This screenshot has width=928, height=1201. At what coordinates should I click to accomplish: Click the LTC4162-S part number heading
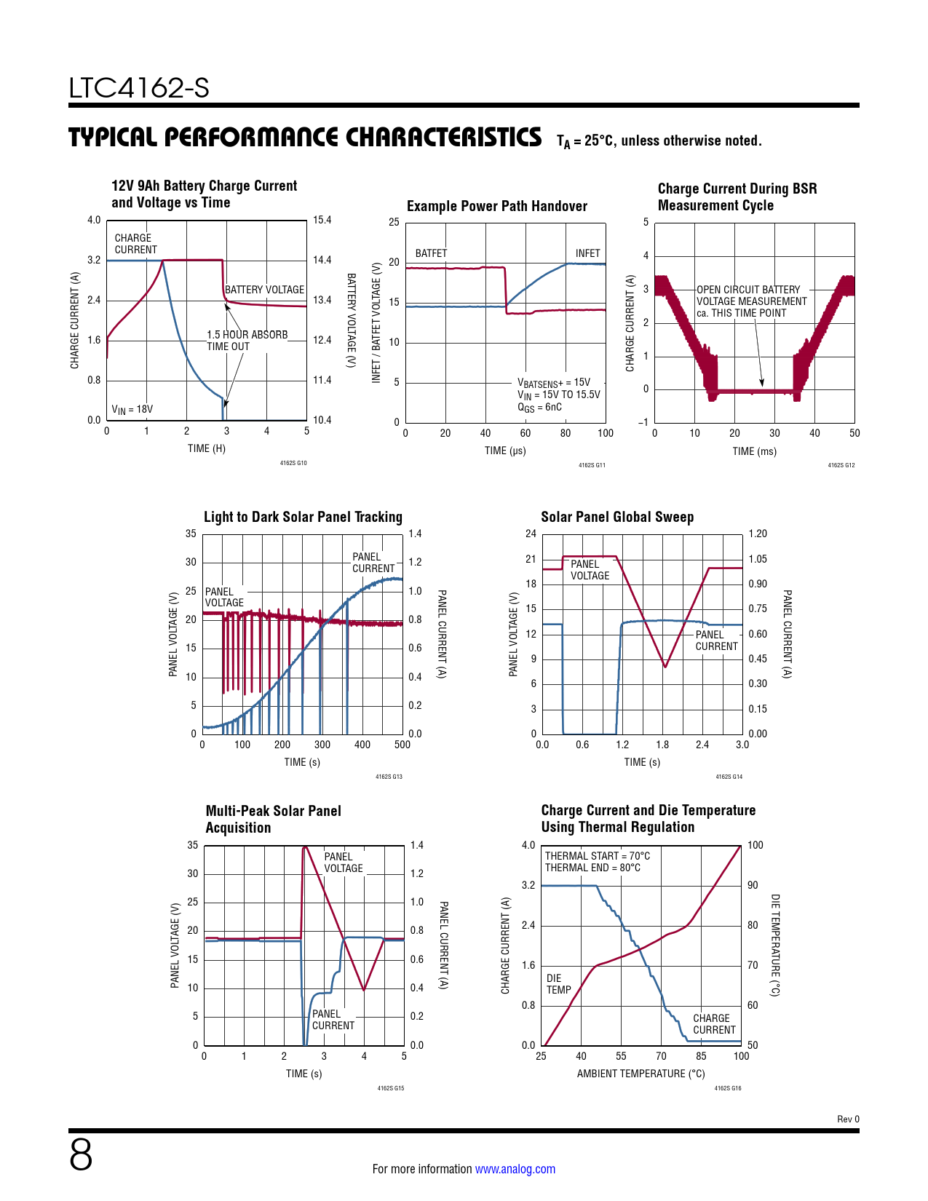[x=139, y=88]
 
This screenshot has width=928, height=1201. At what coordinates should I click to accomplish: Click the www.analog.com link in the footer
[x=515, y=1169]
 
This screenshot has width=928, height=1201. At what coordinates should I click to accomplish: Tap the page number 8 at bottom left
[x=81, y=1155]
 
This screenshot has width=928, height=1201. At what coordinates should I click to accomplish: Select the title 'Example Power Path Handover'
[x=496, y=206]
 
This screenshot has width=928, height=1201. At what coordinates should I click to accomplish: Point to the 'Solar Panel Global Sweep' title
[x=616, y=517]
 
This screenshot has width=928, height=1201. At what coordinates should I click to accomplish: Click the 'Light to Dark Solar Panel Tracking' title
[x=303, y=517]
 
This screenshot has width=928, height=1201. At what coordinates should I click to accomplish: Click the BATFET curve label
[x=431, y=253]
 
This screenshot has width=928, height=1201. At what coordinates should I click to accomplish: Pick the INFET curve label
[x=587, y=253]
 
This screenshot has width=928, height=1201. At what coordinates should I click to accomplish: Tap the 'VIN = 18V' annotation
[x=132, y=409]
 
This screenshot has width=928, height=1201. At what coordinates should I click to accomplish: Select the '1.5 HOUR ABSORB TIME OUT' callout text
[x=247, y=341]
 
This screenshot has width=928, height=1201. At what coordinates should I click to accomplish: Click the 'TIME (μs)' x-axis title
[x=505, y=451]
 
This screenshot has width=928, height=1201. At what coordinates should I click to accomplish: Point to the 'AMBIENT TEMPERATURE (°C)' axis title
[x=641, y=1074]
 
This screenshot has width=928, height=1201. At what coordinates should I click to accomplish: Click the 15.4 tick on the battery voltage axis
[x=322, y=220]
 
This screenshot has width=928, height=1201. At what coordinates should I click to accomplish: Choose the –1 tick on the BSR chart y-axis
[x=643, y=422]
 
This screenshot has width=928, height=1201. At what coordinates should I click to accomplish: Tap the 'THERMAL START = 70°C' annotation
[x=598, y=856]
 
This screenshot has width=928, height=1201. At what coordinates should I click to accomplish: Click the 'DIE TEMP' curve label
[x=558, y=984]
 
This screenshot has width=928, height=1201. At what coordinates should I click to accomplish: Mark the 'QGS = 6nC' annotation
[x=539, y=408]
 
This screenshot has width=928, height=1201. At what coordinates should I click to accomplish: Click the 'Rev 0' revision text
[x=848, y=1119]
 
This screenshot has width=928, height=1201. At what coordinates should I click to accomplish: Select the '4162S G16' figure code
[x=727, y=1088]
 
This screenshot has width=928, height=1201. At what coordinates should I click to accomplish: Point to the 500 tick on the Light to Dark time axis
[x=402, y=745]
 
